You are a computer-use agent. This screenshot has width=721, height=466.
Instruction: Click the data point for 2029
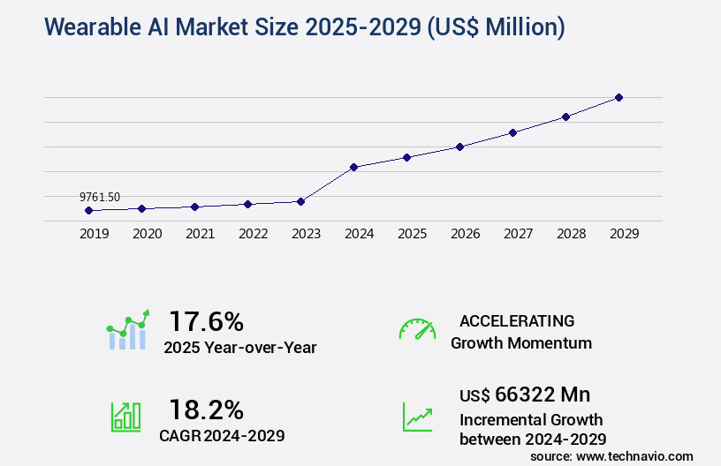point(619,97)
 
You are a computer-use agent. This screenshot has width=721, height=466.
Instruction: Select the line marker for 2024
point(353,167)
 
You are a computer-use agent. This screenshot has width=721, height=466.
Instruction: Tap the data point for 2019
point(88,210)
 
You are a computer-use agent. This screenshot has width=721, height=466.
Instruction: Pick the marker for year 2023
point(300,201)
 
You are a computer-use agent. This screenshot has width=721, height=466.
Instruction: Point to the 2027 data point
point(512,132)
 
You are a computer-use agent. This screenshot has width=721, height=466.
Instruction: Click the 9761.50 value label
point(100,197)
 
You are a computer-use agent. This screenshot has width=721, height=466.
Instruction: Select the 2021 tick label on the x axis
point(201,234)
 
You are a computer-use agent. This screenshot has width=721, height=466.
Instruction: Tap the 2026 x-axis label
point(466,234)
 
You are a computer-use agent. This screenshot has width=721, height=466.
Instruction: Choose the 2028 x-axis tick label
point(572,234)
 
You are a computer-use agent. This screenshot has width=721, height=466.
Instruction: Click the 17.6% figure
point(206,321)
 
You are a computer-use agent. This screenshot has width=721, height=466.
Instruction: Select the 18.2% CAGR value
point(206,410)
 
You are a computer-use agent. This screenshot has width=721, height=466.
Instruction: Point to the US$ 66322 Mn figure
point(525,394)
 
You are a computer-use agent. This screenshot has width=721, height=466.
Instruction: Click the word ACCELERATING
point(517,321)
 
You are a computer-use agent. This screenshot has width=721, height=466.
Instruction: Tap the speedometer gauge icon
point(417,329)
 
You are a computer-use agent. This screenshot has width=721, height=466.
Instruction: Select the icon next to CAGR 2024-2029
point(125,417)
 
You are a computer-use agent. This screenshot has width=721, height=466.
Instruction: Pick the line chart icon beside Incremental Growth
point(417,417)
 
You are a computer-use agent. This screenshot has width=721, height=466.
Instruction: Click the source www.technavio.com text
point(611,455)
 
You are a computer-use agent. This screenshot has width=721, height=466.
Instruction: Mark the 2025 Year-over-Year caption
point(239,347)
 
